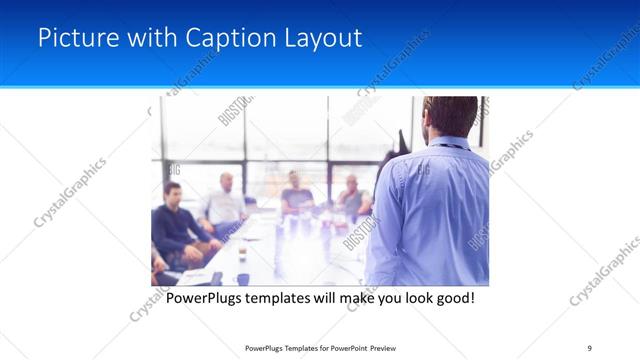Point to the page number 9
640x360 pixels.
pyautogui.click(x=590, y=347)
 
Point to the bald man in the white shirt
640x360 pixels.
pyautogui.click(x=226, y=205)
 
